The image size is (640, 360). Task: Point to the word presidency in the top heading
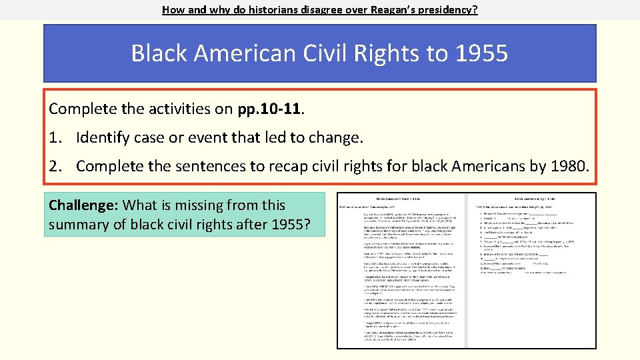[x=445, y=10]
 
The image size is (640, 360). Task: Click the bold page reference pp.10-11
[x=269, y=109]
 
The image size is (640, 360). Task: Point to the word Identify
[x=103, y=138]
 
